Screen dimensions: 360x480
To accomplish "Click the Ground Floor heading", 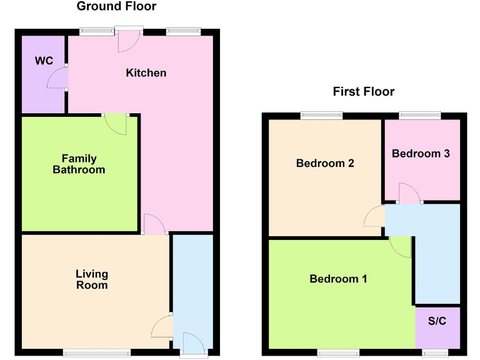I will point(116,7).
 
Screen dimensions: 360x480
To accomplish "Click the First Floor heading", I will point(363,92).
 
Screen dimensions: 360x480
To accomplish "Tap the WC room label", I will point(44,61).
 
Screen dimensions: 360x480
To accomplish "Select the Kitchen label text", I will point(146,72).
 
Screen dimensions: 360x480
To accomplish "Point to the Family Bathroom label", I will point(79,164).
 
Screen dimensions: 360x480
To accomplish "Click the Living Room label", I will point(92,279).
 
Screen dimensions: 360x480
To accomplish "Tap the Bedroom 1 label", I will point(338,279).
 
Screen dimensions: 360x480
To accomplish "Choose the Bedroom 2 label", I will point(325,163).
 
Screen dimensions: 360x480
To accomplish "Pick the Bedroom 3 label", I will point(421,153).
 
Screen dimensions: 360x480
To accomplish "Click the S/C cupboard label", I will point(437,323).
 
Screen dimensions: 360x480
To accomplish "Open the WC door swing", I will point(58,79).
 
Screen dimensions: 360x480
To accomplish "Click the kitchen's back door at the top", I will point(129,41).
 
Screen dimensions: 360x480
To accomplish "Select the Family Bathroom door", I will point(116,123).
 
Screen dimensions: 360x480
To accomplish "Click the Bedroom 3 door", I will point(409,193).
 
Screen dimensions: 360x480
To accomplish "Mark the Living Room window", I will point(97,352).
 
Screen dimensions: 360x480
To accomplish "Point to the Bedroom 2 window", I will point(321,115).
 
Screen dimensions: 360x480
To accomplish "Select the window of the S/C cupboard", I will point(435,352).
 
